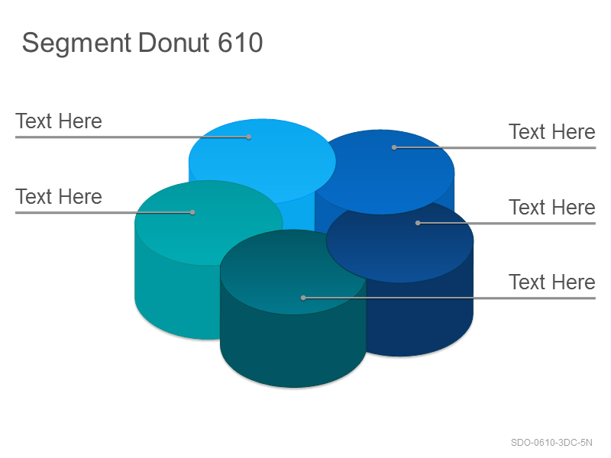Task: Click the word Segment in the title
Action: pyautogui.click(x=76, y=44)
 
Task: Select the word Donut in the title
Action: pyautogui.click(x=174, y=42)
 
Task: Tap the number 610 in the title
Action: pyautogui.click(x=240, y=42)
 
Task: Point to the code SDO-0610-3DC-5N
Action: pyautogui.click(x=551, y=443)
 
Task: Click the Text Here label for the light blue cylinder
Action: pyautogui.click(x=59, y=121)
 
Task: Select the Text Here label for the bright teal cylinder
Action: pyautogui.click(x=59, y=197)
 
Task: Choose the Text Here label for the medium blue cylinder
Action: pyautogui.click(x=551, y=131)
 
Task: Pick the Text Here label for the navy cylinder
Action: pyautogui.click(x=551, y=207)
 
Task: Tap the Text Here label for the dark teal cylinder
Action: pyautogui.click(x=551, y=282)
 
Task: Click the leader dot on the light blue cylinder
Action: pyautogui.click(x=249, y=137)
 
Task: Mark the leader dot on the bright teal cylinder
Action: pyautogui.click(x=192, y=213)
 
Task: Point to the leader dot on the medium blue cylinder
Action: pyautogui.click(x=394, y=147)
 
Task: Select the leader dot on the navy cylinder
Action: pyautogui.click(x=418, y=223)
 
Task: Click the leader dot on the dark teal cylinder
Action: pyautogui.click(x=303, y=298)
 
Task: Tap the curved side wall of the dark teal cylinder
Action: pyautogui.click(x=293, y=350)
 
